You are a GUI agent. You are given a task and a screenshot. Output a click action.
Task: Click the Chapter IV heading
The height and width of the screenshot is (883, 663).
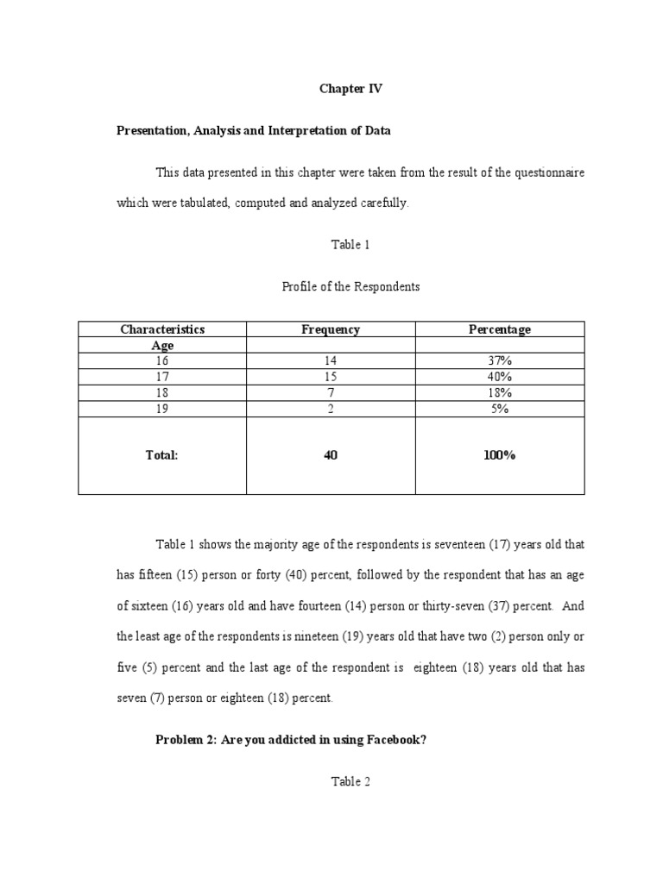pyautogui.click(x=350, y=89)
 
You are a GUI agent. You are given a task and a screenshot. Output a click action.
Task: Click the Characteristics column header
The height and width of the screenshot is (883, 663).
pyautogui.click(x=162, y=329)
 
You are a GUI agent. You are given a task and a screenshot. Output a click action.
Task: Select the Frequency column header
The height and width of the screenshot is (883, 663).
pyautogui.click(x=331, y=329)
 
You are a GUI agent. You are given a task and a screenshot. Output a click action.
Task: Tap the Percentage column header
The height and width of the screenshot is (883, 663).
pyautogui.click(x=500, y=329)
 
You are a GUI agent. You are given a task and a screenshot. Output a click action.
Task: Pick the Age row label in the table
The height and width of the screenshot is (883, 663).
pyautogui.click(x=162, y=346)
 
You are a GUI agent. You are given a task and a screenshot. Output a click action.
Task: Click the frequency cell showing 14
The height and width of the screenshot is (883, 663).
pyautogui.click(x=331, y=361)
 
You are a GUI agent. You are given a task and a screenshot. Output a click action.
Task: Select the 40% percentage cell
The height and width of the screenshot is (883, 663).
pyautogui.click(x=500, y=378)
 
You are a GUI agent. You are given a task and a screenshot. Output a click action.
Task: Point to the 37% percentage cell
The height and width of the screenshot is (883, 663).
pyautogui.click(x=500, y=361)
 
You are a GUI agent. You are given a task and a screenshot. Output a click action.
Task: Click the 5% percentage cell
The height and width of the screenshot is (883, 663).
pyautogui.click(x=500, y=410)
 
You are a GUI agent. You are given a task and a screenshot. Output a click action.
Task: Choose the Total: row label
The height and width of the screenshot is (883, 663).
pyautogui.click(x=162, y=455)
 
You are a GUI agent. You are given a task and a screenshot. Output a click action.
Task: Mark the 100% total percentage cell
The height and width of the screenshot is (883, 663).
pyautogui.click(x=500, y=455)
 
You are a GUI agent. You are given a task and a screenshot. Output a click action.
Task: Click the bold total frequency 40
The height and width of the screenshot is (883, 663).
pyautogui.click(x=331, y=455)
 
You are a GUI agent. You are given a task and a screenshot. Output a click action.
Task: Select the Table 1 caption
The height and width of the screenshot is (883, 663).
pyautogui.click(x=350, y=245)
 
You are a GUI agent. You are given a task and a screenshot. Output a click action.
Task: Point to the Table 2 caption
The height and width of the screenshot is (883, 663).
pyautogui.click(x=350, y=782)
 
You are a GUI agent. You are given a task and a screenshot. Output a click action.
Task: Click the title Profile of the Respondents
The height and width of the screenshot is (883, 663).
pyautogui.click(x=350, y=286)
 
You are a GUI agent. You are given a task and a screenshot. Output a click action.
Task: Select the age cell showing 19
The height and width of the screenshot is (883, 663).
pyautogui.click(x=162, y=410)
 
